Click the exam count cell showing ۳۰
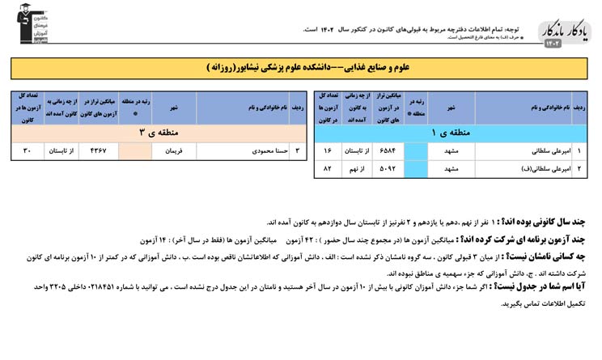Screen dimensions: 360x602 pos(28,150)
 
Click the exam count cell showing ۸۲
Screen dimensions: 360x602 pos(328,169)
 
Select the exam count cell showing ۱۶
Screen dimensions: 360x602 pos(328,150)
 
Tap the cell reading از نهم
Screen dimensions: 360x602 pos(357,169)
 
